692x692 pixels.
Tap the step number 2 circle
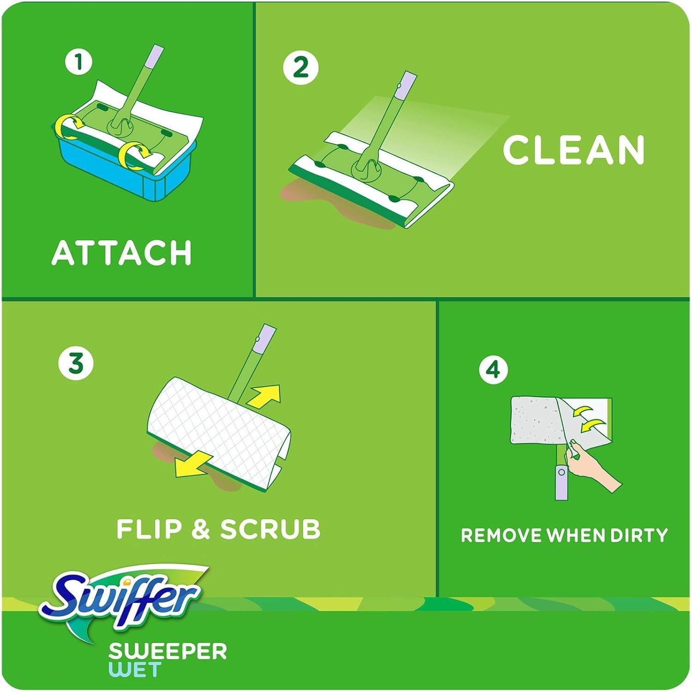pyautogui.click(x=300, y=67)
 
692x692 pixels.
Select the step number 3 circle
pyautogui.click(x=76, y=363)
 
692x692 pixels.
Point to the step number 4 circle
pyautogui.click(x=493, y=369)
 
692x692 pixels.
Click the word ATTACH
pyautogui.click(x=122, y=253)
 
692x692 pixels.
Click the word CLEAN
pyautogui.click(x=573, y=150)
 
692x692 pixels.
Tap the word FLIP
pyautogui.click(x=149, y=529)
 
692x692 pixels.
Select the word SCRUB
pyautogui.click(x=270, y=529)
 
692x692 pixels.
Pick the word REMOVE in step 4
pyautogui.click(x=501, y=535)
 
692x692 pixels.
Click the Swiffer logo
pyautogui.click(x=122, y=596)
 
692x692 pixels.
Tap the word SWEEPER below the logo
pyautogui.click(x=167, y=652)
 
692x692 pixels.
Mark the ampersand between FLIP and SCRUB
pyautogui.click(x=200, y=529)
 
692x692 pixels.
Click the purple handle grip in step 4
pyautogui.click(x=561, y=483)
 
